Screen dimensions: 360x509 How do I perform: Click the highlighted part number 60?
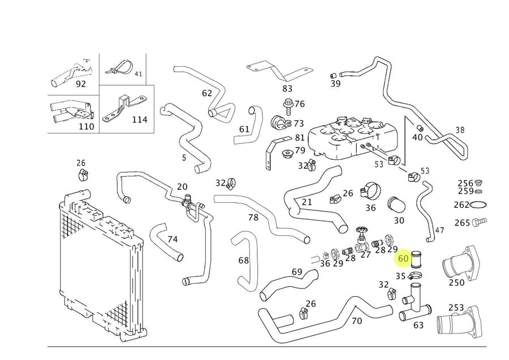pyautogui.click(x=403, y=258)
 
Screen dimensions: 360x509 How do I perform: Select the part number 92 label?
pyautogui.click(x=80, y=84)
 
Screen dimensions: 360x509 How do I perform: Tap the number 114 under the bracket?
pyautogui.click(x=139, y=119)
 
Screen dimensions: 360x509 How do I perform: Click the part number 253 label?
pyautogui.click(x=456, y=307)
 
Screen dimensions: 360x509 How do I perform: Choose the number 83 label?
pyautogui.click(x=287, y=88)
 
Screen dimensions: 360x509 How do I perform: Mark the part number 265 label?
pyautogui.click(x=462, y=223)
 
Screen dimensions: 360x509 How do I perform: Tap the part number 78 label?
pyautogui.click(x=253, y=217)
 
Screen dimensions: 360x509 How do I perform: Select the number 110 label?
pyautogui.click(x=86, y=127)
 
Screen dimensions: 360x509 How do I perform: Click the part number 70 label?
pyautogui.click(x=356, y=321)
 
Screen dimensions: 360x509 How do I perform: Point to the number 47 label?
pyautogui.click(x=439, y=231)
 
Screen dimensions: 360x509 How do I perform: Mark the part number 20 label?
pyautogui.click(x=182, y=186)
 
